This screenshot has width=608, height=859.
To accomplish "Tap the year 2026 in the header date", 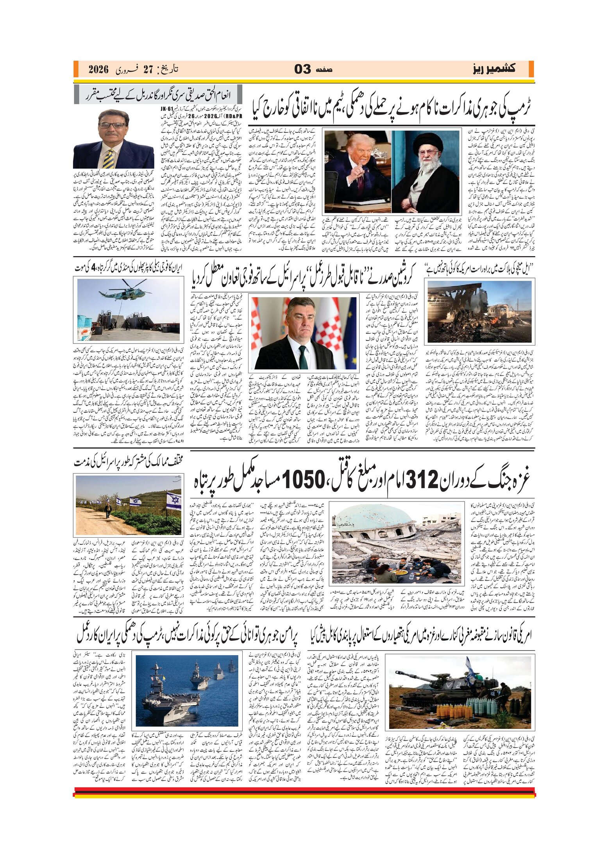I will pos(98,70).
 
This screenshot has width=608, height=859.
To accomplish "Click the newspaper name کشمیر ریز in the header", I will pos(494,69).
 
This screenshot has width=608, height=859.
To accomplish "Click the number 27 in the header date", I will pos(148,70).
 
